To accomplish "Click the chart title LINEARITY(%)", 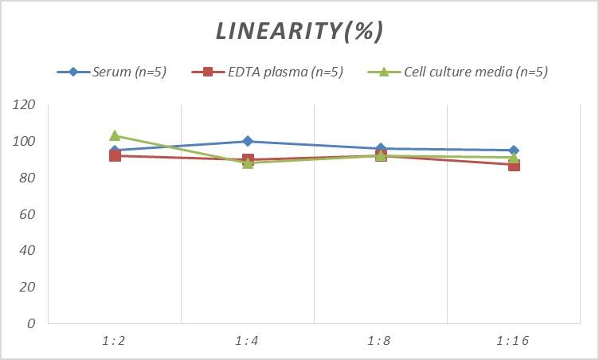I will (x=299, y=31).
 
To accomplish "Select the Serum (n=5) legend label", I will (x=129, y=72).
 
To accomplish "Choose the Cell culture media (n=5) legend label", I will (x=476, y=72).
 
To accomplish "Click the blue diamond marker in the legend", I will (x=73, y=72).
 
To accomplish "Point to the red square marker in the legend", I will (x=208, y=72).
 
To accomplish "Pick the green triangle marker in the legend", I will (x=383, y=72).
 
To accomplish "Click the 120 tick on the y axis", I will (x=25, y=105).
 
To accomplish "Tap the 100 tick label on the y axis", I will (x=25, y=142).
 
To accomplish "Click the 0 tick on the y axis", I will (x=31, y=323).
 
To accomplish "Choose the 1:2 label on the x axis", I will (x=115, y=341).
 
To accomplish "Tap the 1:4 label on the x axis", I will (x=248, y=341).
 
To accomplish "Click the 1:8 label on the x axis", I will (x=381, y=341).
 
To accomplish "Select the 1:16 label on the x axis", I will (x=513, y=341).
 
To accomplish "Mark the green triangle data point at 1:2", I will (x=115, y=136).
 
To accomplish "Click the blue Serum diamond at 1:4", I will (x=248, y=142).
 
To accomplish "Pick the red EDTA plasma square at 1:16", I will (x=514, y=166).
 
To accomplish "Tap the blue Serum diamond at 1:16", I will (x=514, y=151).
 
